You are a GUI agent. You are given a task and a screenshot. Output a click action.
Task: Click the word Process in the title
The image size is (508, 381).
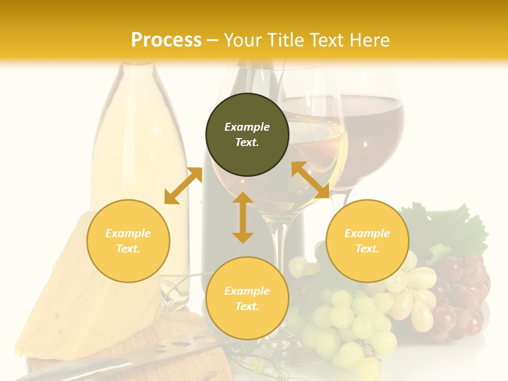pos(166,40)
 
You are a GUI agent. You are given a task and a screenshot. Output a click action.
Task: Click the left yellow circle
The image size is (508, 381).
pos(128,241)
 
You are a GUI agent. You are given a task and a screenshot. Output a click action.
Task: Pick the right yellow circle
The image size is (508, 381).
pos(367,241)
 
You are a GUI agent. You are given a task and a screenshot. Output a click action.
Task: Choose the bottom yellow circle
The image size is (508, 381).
pos(247,298)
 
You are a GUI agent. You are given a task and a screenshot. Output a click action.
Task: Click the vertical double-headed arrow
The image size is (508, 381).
pos(243,217)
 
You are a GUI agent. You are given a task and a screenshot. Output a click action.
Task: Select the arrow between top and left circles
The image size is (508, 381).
pos(183,186)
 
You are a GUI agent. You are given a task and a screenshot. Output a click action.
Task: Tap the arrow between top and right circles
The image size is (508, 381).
pos(311,180)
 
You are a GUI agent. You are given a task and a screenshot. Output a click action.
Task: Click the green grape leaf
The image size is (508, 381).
pos(450,228)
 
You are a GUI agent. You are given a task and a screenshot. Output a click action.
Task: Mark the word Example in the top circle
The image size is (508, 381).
pos(247,127)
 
